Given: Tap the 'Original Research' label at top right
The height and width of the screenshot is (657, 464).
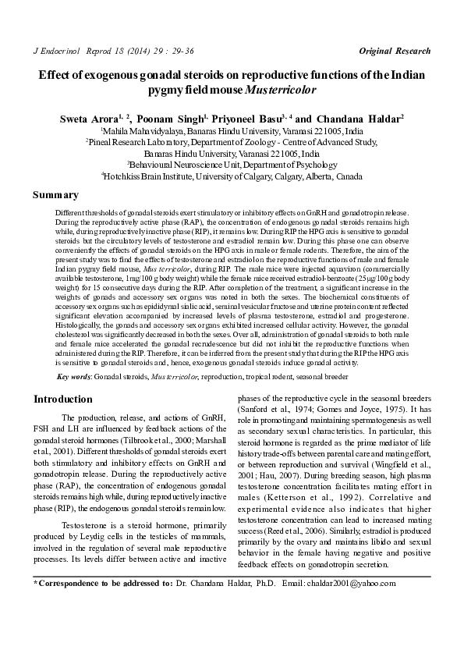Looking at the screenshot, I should [x=395, y=51].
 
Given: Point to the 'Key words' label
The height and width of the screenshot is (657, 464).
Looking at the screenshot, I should [x=74, y=377].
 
